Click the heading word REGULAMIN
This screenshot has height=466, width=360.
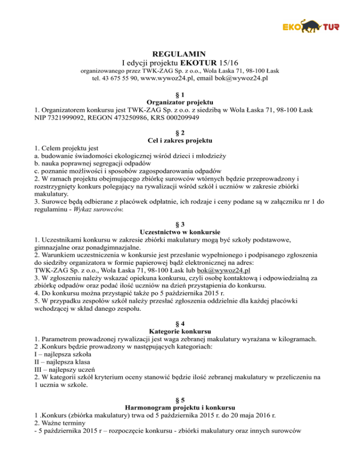[180, 53]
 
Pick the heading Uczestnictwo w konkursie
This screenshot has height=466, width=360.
[180, 232]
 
